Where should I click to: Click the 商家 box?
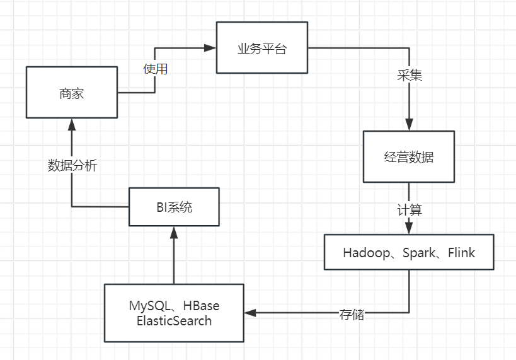coord(72,93)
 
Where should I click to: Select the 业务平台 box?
coord(261,48)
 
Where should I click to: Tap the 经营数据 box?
coord(408,157)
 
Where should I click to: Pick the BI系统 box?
coord(174,207)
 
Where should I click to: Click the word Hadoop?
coord(365,253)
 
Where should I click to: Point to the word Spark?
coord(418,253)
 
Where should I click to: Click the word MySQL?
coord(150,306)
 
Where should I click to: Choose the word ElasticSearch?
coord(174,320)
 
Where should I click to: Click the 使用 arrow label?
coord(155,69)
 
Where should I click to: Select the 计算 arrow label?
coord(409,209)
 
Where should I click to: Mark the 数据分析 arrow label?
coord(72,166)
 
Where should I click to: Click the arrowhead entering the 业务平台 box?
coord(211,48)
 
